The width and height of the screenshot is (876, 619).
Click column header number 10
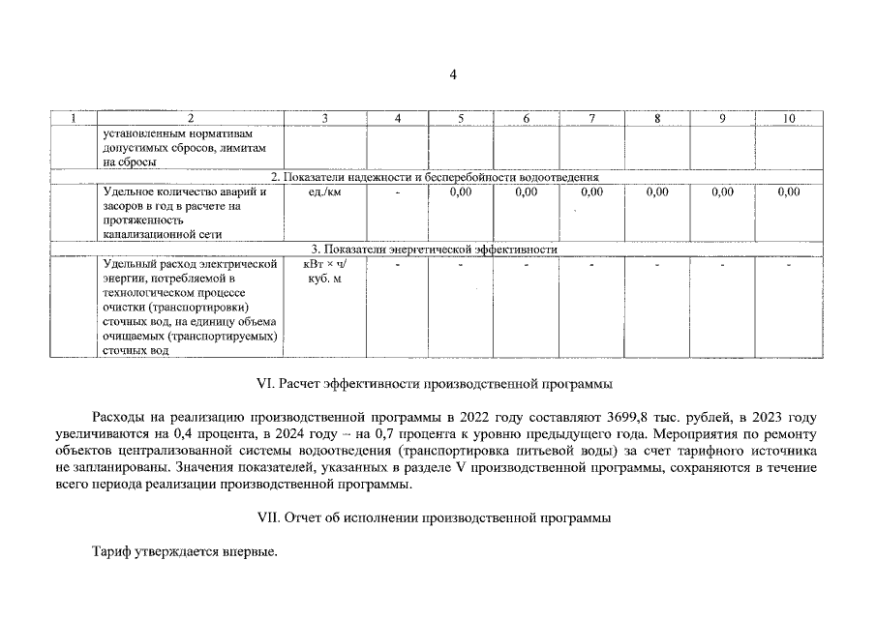click(x=788, y=118)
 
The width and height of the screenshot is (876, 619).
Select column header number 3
click(x=324, y=118)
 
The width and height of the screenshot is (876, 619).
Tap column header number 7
click(x=591, y=118)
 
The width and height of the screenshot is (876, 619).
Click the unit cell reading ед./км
click(x=324, y=192)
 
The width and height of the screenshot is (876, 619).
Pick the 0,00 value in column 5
click(x=461, y=192)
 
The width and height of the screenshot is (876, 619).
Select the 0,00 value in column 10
click(x=788, y=192)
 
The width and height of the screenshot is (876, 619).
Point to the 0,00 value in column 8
click(x=657, y=192)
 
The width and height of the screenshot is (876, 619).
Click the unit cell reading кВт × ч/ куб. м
click(x=324, y=271)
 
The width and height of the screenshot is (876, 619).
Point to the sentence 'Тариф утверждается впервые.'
click(x=184, y=552)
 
